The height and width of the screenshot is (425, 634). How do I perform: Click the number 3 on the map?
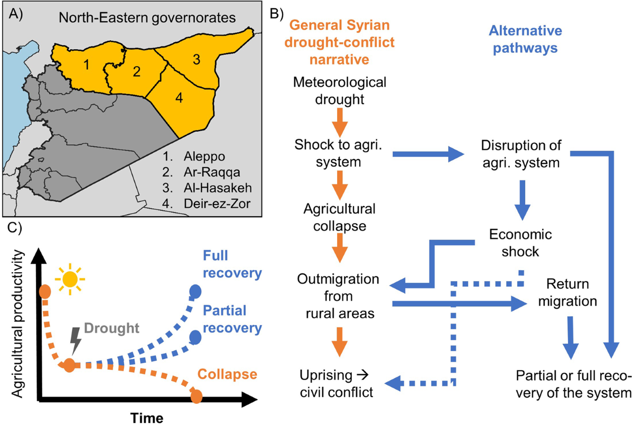point(196,60)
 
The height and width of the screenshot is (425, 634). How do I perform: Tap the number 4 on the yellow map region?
point(180,99)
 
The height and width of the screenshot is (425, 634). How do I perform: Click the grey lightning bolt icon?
point(77,346)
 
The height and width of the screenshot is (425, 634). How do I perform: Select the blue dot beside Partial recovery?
point(195,336)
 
